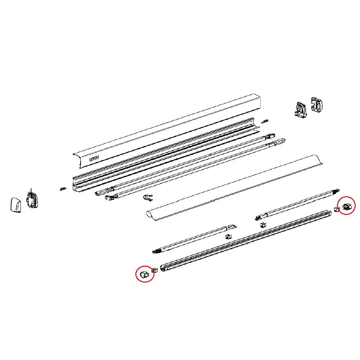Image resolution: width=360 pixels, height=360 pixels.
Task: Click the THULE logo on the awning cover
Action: (x=94, y=158)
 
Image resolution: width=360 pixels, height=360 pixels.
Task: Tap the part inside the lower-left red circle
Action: (x=144, y=274)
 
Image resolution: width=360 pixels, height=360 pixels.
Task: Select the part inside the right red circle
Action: (x=346, y=206)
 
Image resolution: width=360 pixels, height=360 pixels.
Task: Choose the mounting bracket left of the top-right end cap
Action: (x=301, y=110)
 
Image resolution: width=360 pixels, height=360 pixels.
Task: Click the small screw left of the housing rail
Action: (x=63, y=189)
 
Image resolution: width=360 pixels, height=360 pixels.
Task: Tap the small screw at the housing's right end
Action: (x=265, y=121)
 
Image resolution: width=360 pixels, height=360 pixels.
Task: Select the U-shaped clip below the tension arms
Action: (x=148, y=198)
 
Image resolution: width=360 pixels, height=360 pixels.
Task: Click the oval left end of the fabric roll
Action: (x=149, y=216)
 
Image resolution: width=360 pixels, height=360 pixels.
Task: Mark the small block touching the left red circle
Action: (x=155, y=270)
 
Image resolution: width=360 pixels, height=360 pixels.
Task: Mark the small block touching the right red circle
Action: (x=336, y=210)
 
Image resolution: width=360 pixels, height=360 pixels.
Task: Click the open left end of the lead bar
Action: (x=163, y=268)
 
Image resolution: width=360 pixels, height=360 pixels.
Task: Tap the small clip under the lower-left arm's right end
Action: (x=228, y=236)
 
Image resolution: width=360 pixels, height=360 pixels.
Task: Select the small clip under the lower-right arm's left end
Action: (x=263, y=225)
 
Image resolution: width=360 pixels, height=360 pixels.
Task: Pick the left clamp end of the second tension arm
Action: (x=110, y=197)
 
